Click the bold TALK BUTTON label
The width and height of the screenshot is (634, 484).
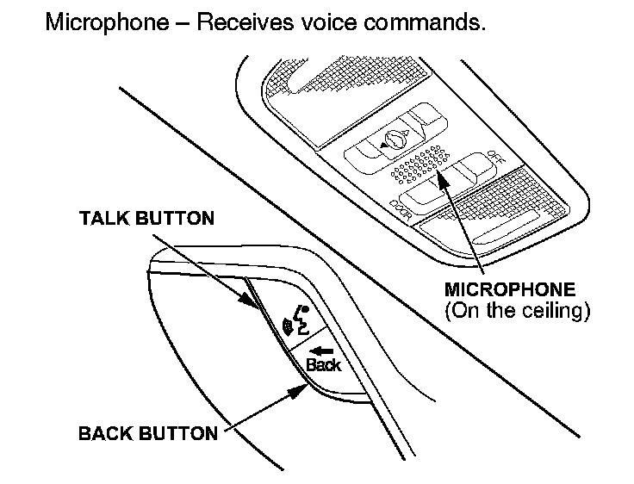coord(146,218)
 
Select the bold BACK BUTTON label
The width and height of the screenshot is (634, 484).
coord(148,433)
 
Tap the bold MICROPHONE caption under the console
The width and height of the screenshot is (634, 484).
coord(509,290)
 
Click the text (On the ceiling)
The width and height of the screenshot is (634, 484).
coord(517,310)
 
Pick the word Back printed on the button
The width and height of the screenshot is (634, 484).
coord(322,365)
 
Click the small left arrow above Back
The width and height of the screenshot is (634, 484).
coord(321,351)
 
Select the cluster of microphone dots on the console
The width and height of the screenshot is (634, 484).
coord(420,166)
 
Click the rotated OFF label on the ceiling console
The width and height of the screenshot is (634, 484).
coord(494,160)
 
